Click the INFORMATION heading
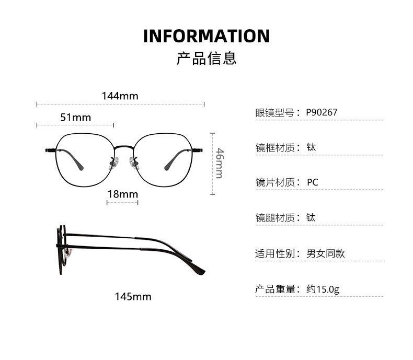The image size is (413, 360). (x=206, y=36)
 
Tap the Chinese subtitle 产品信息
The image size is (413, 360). (x=206, y=58)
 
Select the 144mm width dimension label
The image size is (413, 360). (x=120, y=96)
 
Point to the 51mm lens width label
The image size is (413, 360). (x=75, y=118)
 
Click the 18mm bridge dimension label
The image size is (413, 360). (x=122, y=194)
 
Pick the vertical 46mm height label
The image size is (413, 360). (x=220, y=163)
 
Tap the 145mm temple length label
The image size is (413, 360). (x=133, y=297)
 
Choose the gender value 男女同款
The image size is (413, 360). (x=325, y=254)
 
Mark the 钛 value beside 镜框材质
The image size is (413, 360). (x=311, y=147)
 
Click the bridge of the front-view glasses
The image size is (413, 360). (x=123, y=147)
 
